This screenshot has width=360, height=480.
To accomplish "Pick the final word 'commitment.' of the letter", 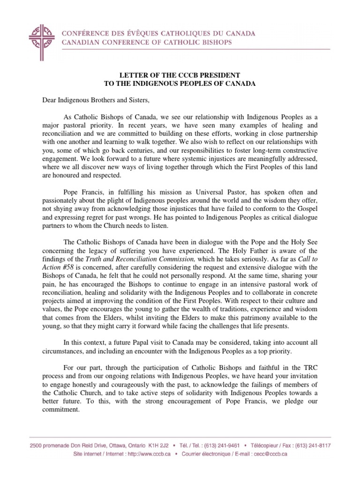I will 55,409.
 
